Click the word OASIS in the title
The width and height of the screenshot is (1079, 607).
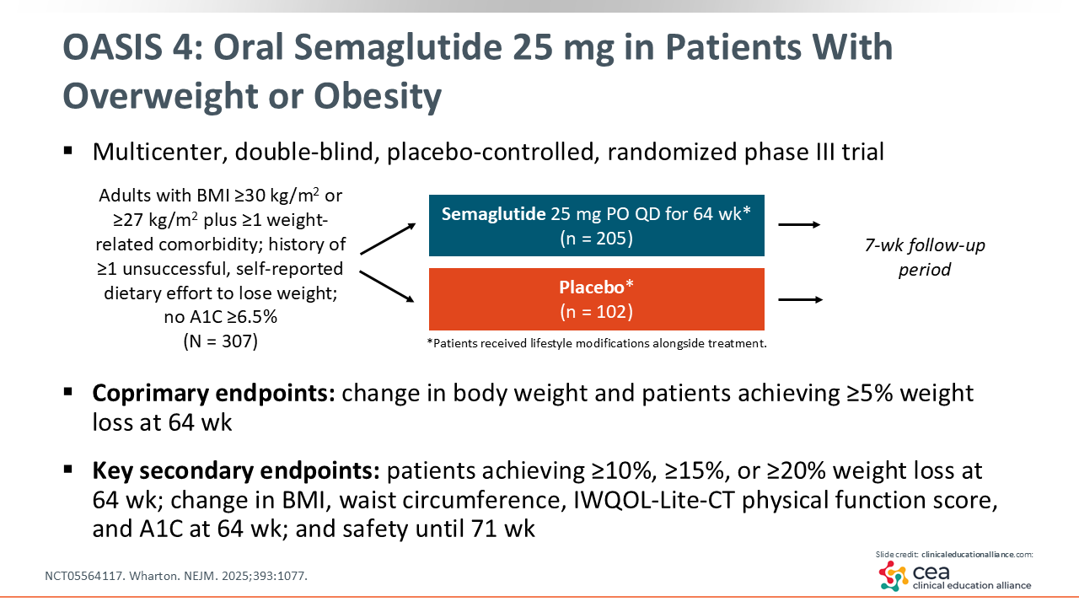(112, 47)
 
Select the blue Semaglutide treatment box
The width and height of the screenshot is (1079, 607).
(596, 225)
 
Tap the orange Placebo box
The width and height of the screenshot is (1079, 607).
(596, 299)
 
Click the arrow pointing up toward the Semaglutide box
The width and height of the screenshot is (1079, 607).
(388, 239)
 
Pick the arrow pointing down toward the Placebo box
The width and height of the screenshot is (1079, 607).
(387, 287)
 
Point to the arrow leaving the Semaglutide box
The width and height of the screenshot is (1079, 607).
(799, 224)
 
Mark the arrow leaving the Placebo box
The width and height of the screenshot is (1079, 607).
(800, 299)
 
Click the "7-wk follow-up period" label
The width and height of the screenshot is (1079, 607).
(925, 257)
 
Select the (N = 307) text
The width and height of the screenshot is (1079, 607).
(221, 341)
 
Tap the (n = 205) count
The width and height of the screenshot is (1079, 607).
(596, 238)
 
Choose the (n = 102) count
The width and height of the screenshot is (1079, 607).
(596, 311)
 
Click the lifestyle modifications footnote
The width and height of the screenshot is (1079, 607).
(597, 343)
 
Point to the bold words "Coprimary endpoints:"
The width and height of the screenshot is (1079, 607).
(213, 393)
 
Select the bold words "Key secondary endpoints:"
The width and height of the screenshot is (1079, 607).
(236, 470)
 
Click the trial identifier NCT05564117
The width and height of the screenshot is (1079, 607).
(83, 576)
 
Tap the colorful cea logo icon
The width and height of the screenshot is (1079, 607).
(893, 576)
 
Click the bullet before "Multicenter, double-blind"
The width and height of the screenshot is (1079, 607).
(68, 151)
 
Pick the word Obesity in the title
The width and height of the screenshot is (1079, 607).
(378, 96)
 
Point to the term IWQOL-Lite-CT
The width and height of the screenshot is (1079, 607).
(653, 500)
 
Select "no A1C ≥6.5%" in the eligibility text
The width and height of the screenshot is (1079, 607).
(221, 317)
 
